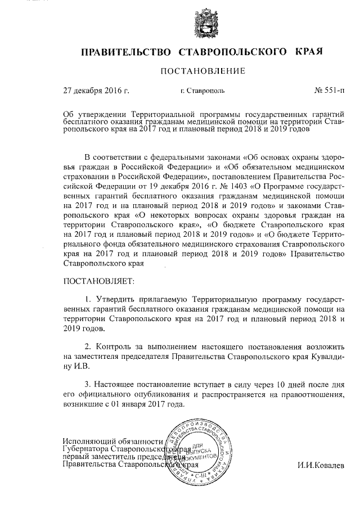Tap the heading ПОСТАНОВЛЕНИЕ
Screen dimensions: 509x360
203,72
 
